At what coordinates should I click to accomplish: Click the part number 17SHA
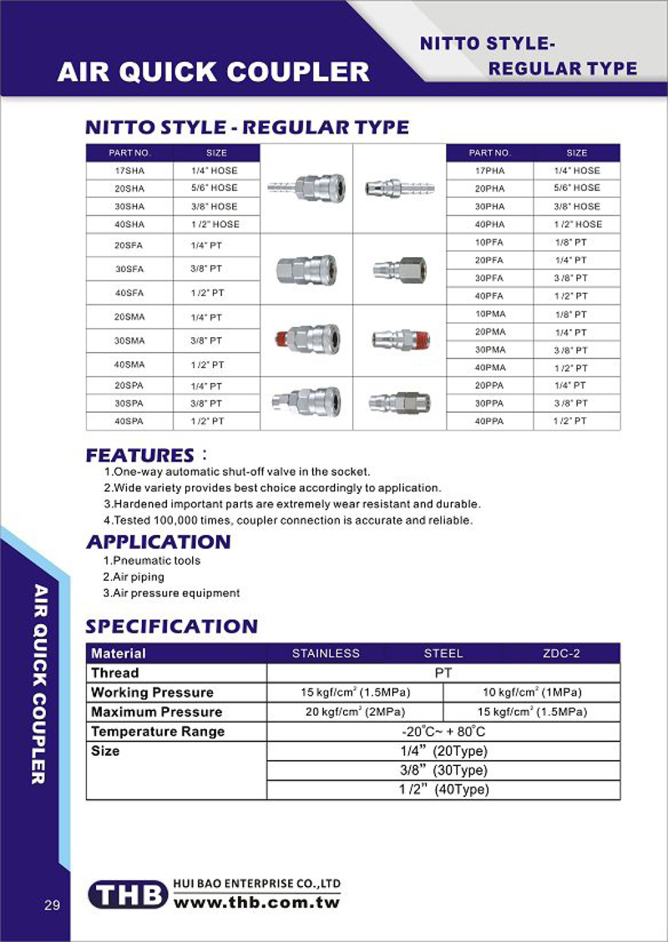(x=129, y=170)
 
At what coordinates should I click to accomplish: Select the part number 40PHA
(x=489, y=224)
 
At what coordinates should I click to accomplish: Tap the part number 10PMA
(x=490, y=315)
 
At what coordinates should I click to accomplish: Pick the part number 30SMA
(x=129, y=340)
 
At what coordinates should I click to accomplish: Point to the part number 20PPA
(x=490, y=385)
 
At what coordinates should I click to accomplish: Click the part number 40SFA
(x=129, y=293)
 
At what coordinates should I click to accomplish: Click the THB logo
(x=129, y=895)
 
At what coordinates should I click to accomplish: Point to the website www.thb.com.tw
(x=256, y=902)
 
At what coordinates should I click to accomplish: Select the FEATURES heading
(x=139, y=456)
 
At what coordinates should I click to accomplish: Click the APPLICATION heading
(x=159, y=542)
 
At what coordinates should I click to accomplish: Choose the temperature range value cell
(x=443, y=732)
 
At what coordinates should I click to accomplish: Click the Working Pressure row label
(x=152, y=693)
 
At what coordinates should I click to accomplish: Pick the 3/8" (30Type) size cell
(x=443, y=771)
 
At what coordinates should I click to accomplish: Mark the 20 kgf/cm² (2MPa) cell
(x=355, y=712)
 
